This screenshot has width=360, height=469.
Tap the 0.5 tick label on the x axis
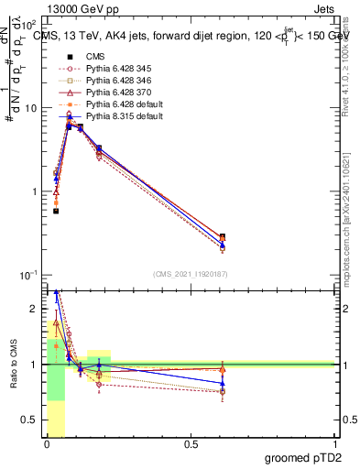191,444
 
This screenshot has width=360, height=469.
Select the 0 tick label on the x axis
47,444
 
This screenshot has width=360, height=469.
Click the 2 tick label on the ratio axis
32,309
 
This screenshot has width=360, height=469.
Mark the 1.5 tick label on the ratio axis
29,336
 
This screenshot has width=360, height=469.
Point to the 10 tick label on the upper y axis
28,108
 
